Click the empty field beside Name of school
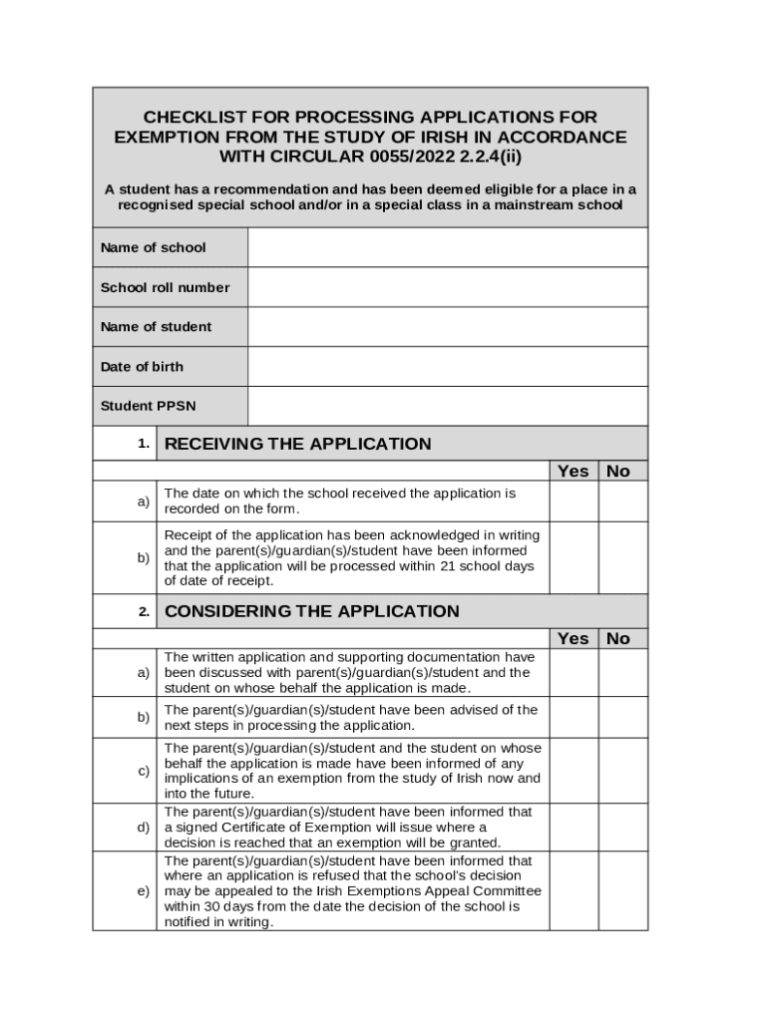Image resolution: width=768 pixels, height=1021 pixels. point(447,247)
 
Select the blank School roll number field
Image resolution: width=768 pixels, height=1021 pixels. point(447,287)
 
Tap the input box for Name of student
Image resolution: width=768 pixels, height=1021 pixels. point(447,327)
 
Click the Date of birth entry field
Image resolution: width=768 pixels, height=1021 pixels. point(447,367)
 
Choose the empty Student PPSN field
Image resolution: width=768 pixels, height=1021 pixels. point(447,407)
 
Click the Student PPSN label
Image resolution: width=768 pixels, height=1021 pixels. point(148,407)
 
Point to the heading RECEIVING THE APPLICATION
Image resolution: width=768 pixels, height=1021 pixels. point(297,444)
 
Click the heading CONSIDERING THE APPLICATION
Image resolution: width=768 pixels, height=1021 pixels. point(311,611)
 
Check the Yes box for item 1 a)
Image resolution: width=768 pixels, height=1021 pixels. point(574,501)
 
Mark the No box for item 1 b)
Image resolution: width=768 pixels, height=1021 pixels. point(623,557)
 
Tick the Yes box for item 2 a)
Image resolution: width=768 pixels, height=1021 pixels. point(574,673)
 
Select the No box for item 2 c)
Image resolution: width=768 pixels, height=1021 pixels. point(623,771)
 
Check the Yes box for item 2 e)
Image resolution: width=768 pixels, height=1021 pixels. point(574,890)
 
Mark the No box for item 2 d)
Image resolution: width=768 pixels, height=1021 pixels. point(623,828)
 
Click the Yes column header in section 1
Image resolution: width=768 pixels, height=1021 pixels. point(574,471)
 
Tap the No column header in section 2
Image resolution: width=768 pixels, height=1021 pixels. point(618,638)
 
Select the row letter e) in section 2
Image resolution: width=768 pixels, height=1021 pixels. point(144,890)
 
